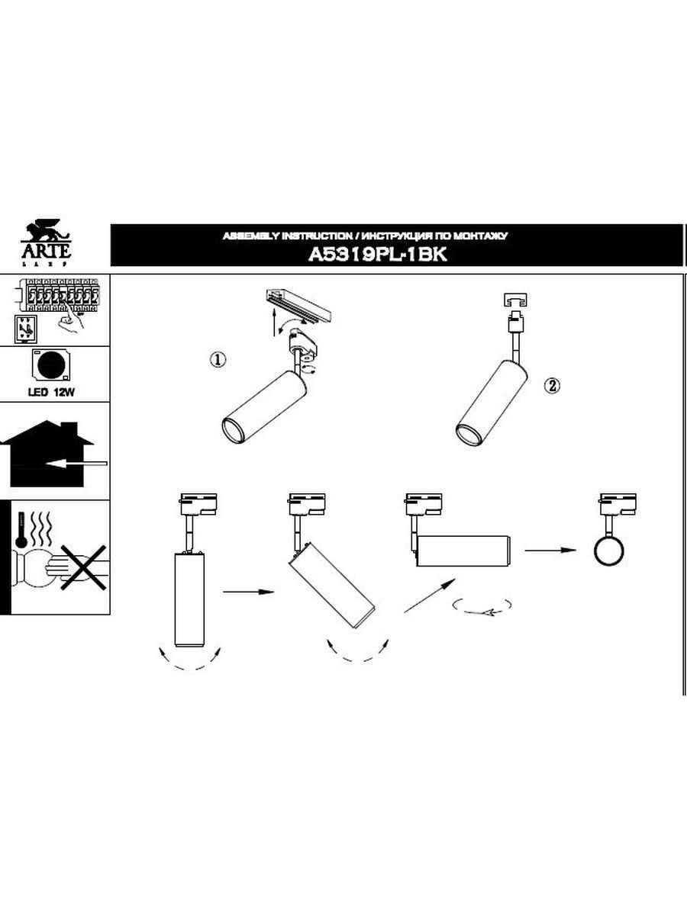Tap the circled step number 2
[553, 386]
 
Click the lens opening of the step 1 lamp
[233, 431]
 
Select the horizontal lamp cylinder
[463, 551]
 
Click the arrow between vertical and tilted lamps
[249, 591]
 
